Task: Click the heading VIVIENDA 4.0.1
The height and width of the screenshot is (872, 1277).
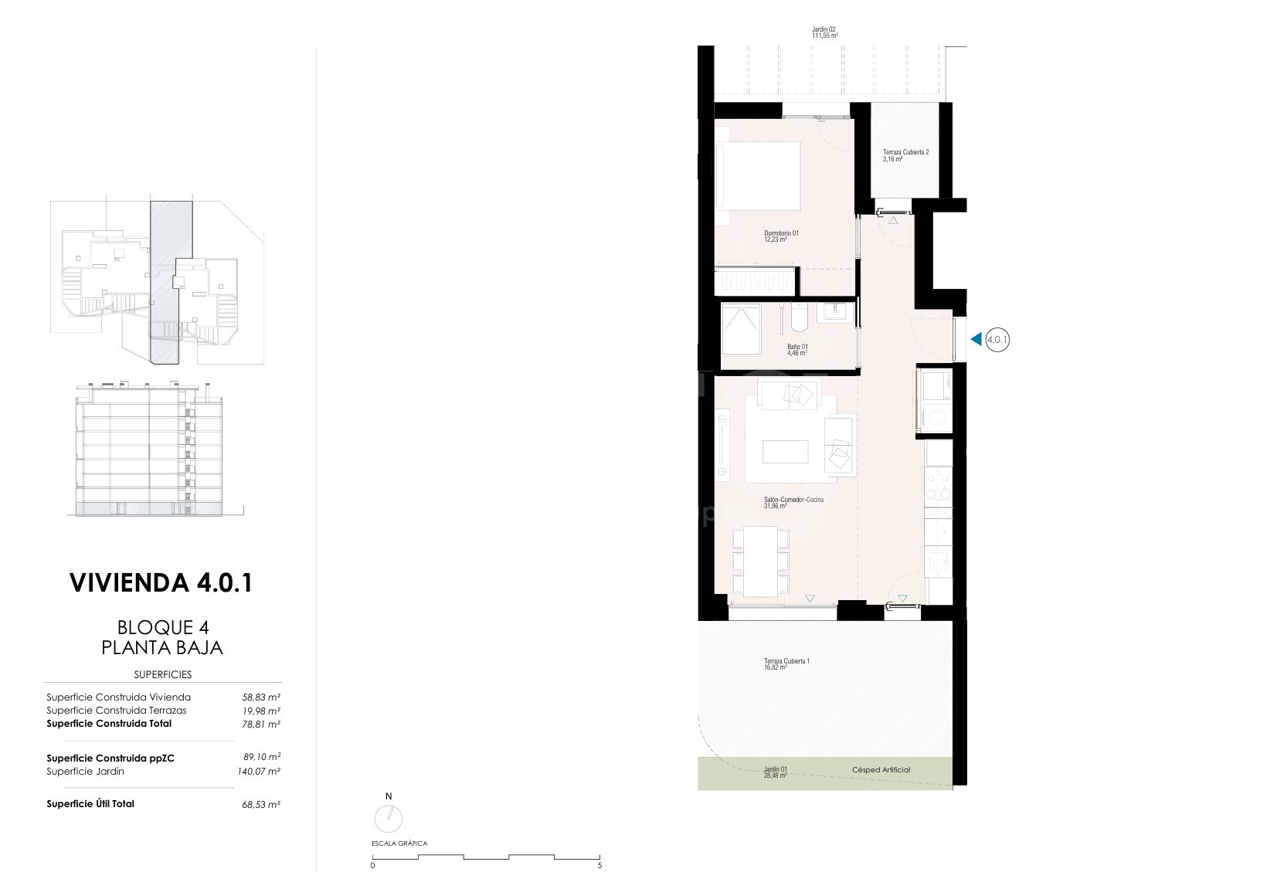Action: coord(161,582)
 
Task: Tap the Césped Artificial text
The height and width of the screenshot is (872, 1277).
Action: coord(881,770)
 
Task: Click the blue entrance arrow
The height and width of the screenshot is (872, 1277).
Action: coord(976,340)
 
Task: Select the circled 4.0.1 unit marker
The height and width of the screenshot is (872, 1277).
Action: coord(997,340)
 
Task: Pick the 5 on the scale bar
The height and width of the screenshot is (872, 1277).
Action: coord(599,865)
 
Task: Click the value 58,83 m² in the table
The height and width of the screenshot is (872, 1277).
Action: coord(261,697)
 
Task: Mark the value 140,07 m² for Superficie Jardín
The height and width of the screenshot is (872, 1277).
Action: coord(259,772)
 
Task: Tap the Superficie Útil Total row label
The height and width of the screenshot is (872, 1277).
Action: coord(90,803)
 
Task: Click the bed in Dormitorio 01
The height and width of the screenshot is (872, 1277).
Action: coord(758,175)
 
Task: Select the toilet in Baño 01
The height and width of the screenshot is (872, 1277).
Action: coord(800,317)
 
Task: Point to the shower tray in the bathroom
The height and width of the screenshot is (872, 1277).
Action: coord(741,330)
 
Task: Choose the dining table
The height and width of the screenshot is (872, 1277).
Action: coord(760,562)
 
